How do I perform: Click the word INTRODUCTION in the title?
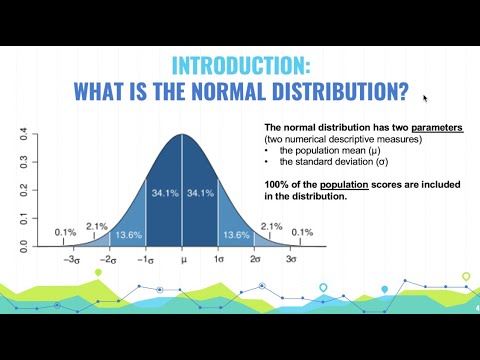tap(241, 67)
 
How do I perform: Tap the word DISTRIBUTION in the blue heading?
tap(329, 93)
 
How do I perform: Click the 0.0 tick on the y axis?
tap(22, 243)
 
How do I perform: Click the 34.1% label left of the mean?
tap(163, 191)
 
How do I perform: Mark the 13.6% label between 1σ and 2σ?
tap(236, 234)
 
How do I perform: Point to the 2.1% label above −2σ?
tap(97, 226)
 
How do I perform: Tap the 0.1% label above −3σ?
tap(66, 233)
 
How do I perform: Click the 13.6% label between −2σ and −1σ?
tap(128, 234)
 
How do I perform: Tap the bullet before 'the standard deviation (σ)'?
tap(267, 162)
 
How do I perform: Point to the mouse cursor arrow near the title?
tap(425, 98)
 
